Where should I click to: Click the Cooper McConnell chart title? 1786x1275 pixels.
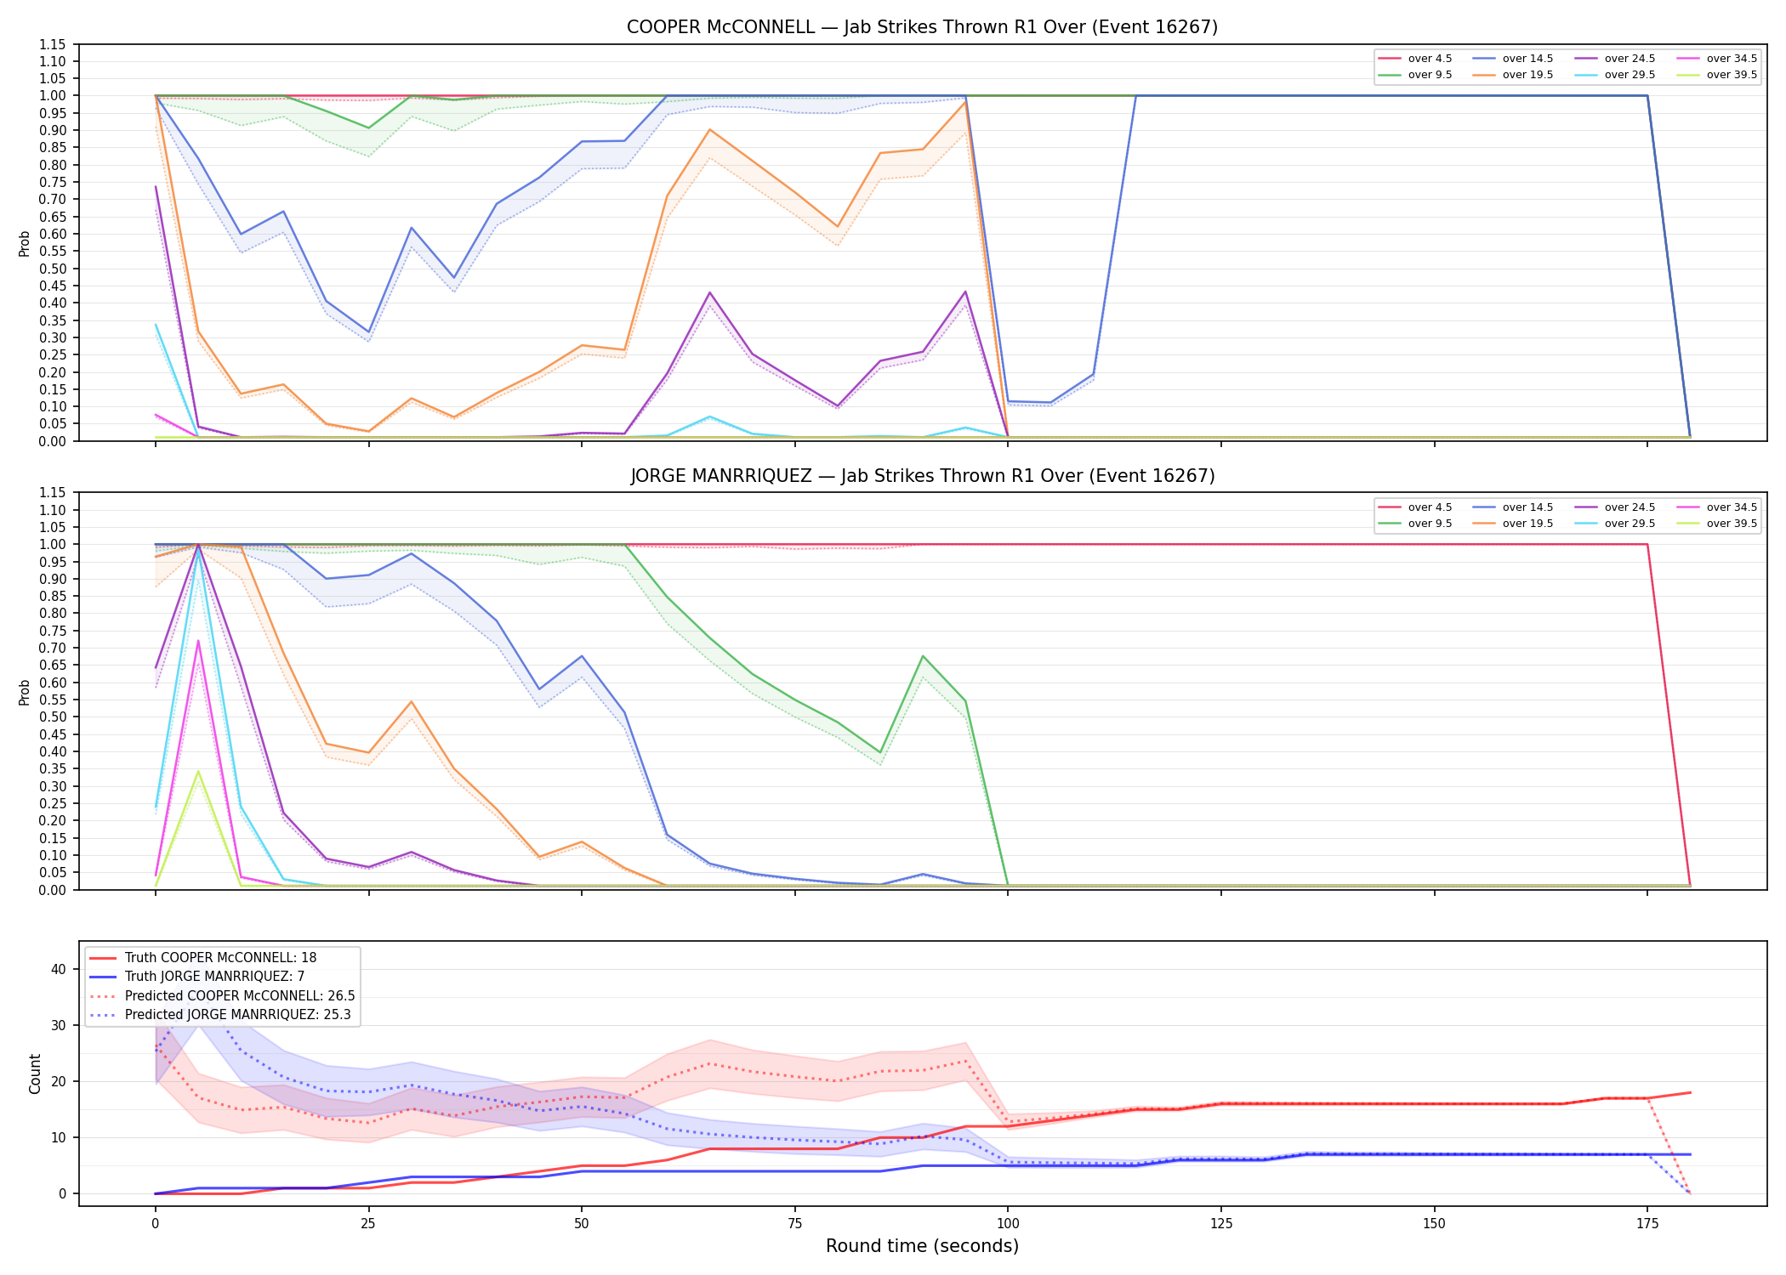tap(922, 27)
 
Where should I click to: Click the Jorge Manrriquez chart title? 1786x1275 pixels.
tap(922, 476)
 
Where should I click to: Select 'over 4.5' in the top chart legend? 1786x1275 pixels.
tap(1430, 59)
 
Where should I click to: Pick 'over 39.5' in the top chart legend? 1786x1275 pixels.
tap(1732, 75)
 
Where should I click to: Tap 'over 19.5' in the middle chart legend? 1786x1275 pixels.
tap(1527, 524)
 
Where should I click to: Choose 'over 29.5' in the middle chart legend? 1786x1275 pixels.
tap(1630, 524)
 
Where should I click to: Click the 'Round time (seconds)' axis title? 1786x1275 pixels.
tap(922, 1246)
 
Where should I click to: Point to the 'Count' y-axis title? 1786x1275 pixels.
tap(35, 1074)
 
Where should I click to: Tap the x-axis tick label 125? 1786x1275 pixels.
tap(1220, 1224)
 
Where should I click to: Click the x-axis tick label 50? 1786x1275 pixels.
tap(581, 1224)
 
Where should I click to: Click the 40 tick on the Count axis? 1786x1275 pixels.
tap(59, 969)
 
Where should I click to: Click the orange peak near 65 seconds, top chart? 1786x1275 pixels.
tap(709, 129)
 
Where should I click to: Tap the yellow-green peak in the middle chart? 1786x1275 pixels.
tap(198, 771)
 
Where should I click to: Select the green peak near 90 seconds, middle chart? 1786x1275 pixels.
tap(923, 656)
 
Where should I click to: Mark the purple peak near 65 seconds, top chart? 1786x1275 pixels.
tap(709, 292)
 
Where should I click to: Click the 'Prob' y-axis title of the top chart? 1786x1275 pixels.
tap(24, 243)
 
